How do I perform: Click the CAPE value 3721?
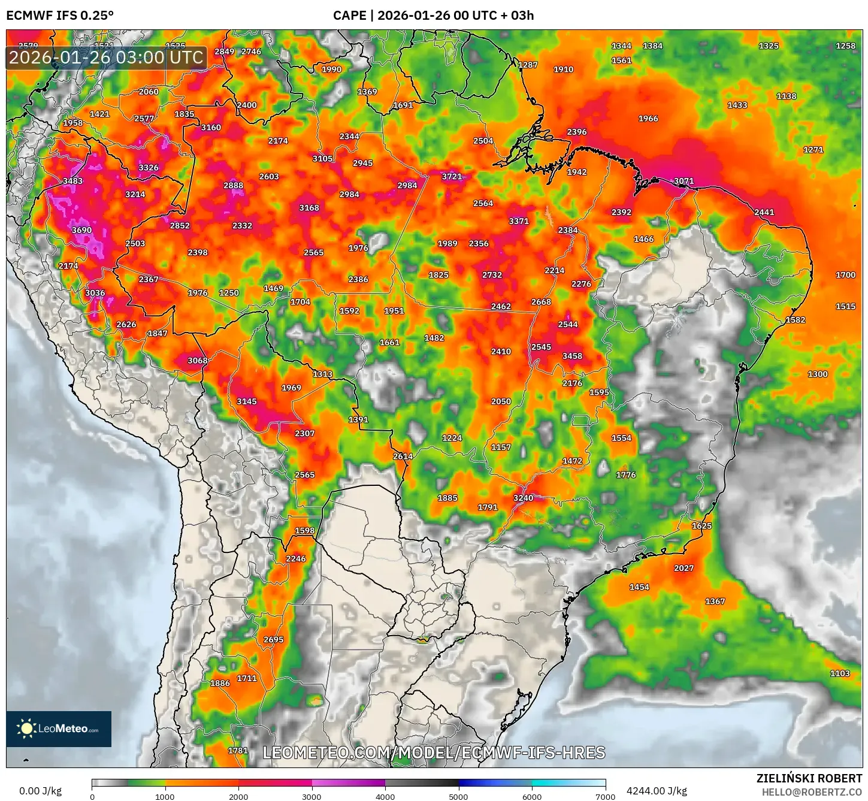452,177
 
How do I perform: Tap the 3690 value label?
81,230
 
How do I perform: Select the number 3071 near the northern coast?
683,181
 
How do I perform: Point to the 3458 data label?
572,356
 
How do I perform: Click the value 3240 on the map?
523,498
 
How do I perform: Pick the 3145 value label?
246,401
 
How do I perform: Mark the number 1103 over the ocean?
839,673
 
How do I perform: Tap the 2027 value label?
683,568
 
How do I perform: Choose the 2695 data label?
273,639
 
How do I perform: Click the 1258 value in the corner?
845,46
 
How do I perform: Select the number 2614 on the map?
403,457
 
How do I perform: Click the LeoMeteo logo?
59,729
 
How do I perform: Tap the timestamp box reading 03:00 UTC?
106,58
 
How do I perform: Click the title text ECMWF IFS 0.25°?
60,16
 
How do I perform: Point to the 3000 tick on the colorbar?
311,796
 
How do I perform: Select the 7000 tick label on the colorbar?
605,796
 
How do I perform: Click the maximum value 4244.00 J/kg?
657,791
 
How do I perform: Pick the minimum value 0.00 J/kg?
41,791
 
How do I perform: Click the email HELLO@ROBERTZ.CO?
812,792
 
